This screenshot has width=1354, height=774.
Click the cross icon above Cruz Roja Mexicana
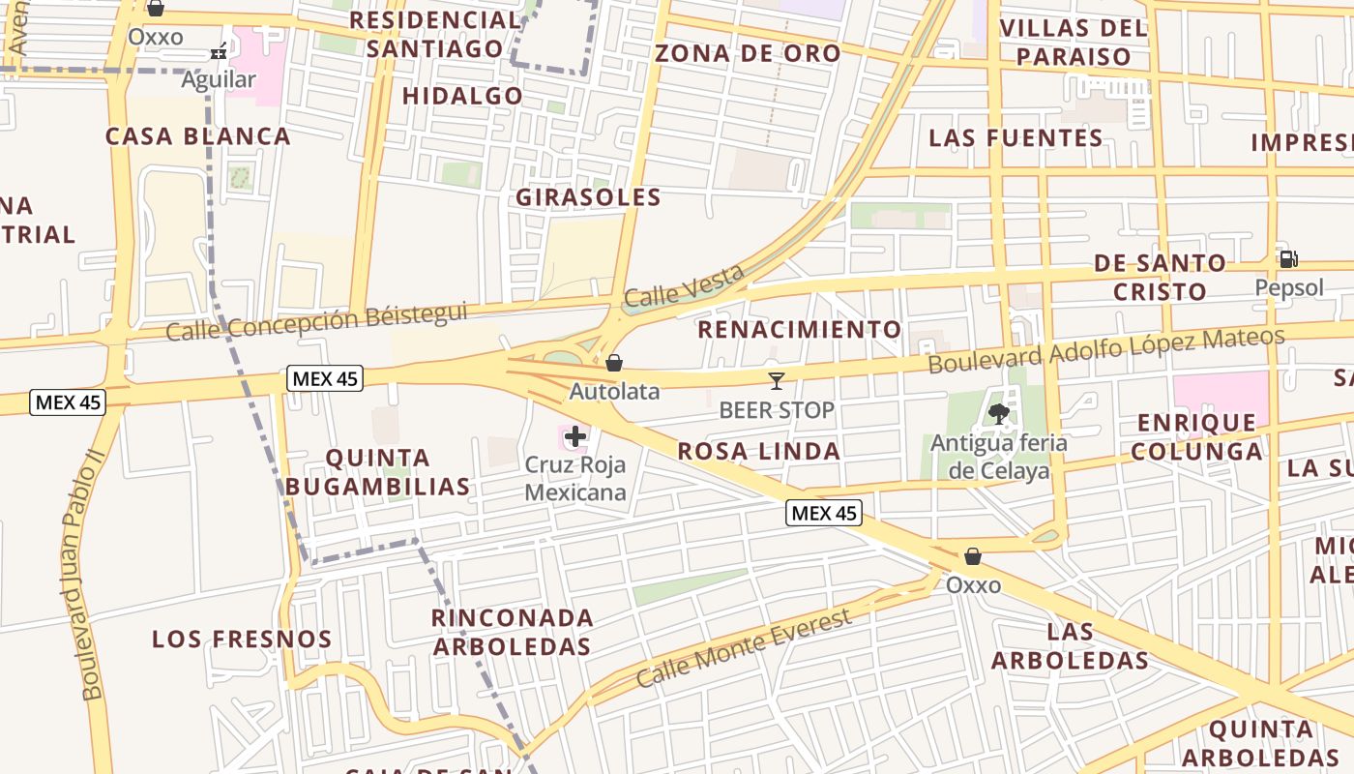[575, 436]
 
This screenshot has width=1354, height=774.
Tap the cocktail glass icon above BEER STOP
[776, 381]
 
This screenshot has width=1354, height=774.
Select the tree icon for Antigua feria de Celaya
[999, 414]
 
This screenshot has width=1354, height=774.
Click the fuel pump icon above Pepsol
[1288, 259]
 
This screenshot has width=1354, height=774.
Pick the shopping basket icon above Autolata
[613, 363]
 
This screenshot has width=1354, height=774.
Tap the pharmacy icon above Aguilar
[220, 51]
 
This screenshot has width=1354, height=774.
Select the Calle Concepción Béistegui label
[315, 322]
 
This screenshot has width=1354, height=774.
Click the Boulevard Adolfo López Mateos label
[1106, 350]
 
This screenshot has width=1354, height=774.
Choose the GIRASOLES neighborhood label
[588, 198]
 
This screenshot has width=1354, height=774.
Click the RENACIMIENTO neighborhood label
[799, 330]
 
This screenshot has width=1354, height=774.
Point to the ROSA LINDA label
[758, 451]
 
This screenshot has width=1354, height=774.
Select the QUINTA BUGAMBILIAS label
[378, 472]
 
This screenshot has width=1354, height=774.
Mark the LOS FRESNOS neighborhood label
[242, 640]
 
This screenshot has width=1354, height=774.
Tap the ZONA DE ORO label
[748, 53]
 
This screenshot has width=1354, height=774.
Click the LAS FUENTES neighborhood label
[1015, 138]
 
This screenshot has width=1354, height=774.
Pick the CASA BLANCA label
[197, 136]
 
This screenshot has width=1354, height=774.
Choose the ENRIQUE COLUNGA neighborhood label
[1196, 437]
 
